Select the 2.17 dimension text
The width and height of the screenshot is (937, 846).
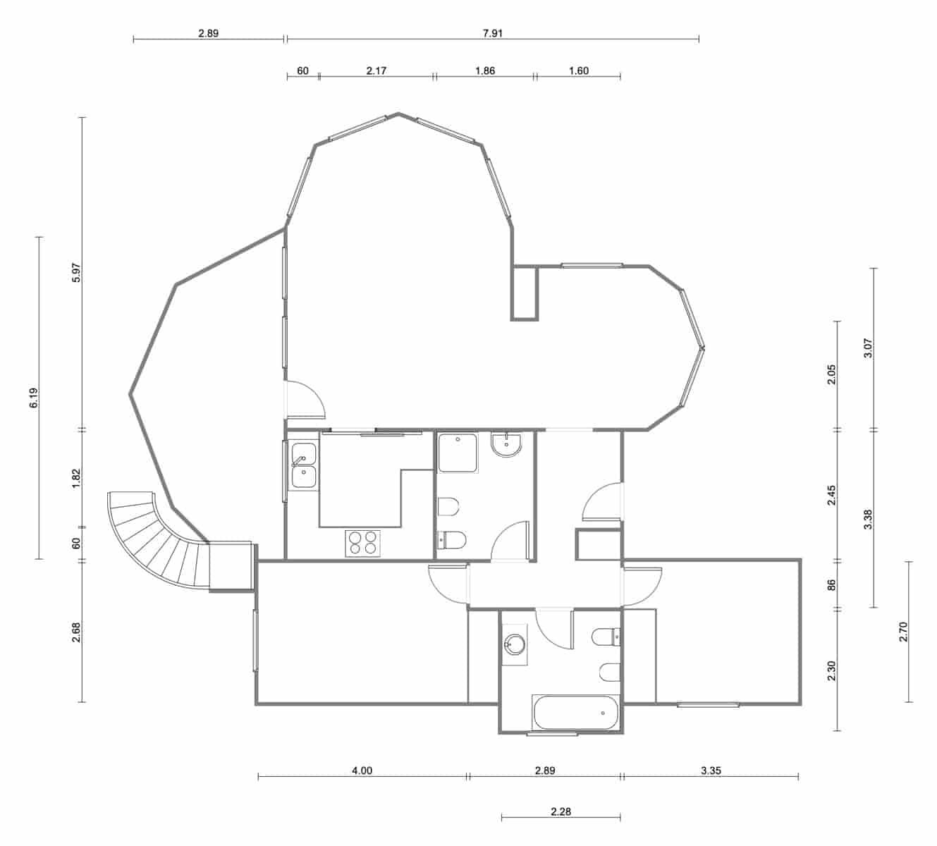376,70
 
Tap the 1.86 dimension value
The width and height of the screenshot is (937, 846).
485,70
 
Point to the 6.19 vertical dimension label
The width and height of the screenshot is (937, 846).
34,398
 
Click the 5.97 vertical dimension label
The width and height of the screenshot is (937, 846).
77,273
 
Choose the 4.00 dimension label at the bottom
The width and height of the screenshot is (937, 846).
362,771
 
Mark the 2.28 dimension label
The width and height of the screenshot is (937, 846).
561,811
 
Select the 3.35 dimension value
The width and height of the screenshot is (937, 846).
711,771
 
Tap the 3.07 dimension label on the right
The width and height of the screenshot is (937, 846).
868,348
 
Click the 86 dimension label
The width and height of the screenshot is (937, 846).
831,584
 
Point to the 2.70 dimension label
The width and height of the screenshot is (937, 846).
903,632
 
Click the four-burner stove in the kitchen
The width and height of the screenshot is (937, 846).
362,543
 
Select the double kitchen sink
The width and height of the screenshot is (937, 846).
304,466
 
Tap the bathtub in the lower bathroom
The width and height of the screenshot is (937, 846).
576,713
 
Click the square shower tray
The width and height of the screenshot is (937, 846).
457,453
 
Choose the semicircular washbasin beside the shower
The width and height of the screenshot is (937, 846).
507,445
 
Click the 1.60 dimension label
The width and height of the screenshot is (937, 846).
577,70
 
